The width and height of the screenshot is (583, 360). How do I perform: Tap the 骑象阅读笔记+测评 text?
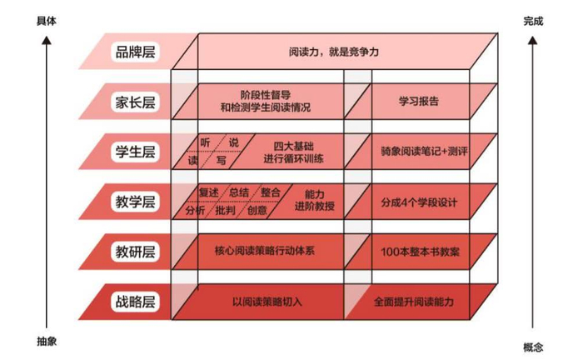point(425,152)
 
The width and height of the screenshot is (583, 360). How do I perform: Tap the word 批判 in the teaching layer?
point(226,210)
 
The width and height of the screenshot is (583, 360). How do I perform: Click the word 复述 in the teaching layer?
point(209,193)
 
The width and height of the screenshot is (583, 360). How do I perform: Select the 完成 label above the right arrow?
point(533,21)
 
